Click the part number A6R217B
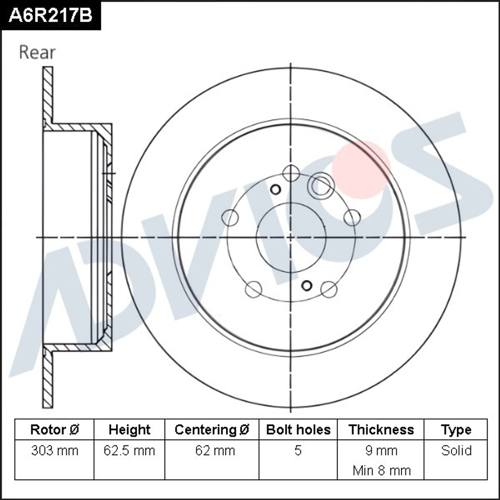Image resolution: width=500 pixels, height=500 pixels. point(50,15)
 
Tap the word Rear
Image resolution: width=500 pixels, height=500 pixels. point(37,52)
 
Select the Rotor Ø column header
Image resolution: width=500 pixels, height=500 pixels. point(54,429)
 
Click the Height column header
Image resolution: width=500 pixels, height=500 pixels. point(129,429)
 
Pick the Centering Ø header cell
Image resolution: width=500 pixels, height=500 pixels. point(212,429)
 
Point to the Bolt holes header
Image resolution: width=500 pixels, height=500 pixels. point(298,429)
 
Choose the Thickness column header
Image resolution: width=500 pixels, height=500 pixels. point(381,429)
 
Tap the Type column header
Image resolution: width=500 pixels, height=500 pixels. point(456,429)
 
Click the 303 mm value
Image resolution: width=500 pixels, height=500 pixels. point(54,450)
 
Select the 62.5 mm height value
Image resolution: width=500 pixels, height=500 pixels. point(129,450)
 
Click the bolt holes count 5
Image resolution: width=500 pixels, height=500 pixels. point(298,450)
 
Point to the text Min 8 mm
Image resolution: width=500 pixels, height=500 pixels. point(381,470)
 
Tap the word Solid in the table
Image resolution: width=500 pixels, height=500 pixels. point(456,450)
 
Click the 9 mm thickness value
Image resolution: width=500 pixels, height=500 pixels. point(381,450)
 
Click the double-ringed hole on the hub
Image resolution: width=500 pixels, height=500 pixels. point(320,185)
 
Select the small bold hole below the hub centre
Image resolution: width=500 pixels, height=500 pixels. point(307,285)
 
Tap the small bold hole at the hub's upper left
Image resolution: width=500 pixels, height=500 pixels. point(275,189)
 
